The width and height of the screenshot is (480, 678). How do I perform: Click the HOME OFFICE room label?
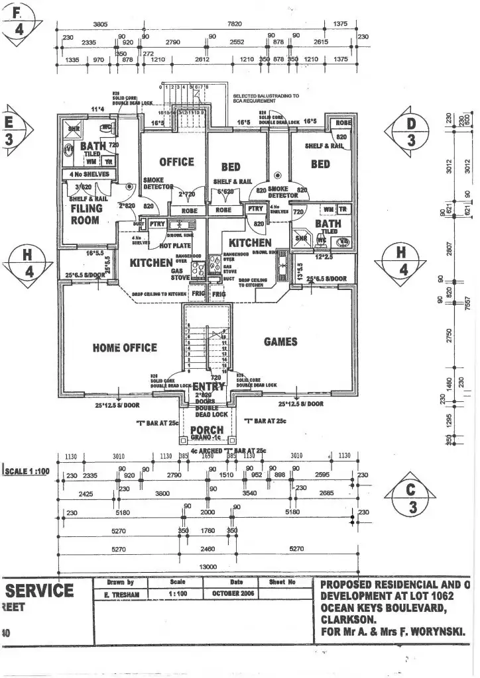coord(125,348)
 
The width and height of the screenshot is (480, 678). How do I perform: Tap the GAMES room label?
coord(280,342)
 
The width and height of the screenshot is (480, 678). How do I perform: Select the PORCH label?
coord(207,430)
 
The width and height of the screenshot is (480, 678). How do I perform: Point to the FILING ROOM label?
coord(87,214)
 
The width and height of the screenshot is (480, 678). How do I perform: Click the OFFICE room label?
coord(176,162)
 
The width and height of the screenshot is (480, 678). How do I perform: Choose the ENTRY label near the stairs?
coord(208,387)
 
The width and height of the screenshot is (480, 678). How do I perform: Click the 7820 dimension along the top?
coord(235,24)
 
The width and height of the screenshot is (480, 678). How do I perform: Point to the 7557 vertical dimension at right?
coord(467,301)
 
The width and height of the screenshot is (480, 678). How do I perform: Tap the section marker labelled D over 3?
coord(411,132)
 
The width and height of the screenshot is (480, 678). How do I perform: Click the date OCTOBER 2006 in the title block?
coord(230,594)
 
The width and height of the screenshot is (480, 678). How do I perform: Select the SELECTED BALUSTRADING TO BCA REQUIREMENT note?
coord(266,98)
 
